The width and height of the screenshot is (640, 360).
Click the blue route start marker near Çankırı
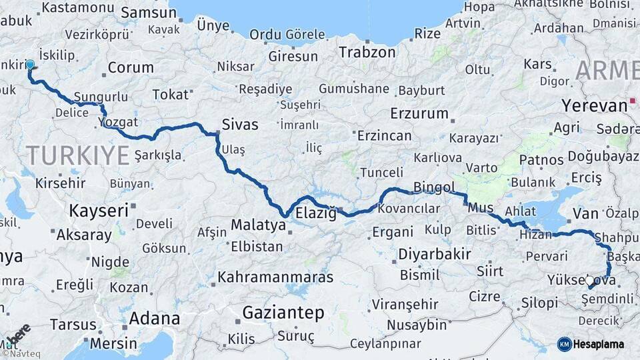[x=30, y=65]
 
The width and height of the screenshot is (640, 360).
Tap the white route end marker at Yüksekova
[x=589, y=281]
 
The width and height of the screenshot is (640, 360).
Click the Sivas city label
[x=239, y=123]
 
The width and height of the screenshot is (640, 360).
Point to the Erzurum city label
[x=419, y=113]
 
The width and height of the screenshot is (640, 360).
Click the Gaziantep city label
[x=283, y=313]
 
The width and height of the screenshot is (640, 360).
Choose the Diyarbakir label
[x=435, y=254]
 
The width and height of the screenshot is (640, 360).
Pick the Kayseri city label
[x=98, y=211]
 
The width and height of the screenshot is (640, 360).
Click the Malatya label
[x=258, y=225]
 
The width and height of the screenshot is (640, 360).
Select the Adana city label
[x=154, y=318]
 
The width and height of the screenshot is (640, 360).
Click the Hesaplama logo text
[x=599, y=344]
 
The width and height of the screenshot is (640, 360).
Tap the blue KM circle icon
[x=565, y=344]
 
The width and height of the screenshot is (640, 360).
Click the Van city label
[x=586, y=213]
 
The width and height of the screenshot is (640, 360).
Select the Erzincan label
[x=383, y=135]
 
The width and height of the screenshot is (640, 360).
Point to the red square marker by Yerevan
[x=632, y=103]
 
